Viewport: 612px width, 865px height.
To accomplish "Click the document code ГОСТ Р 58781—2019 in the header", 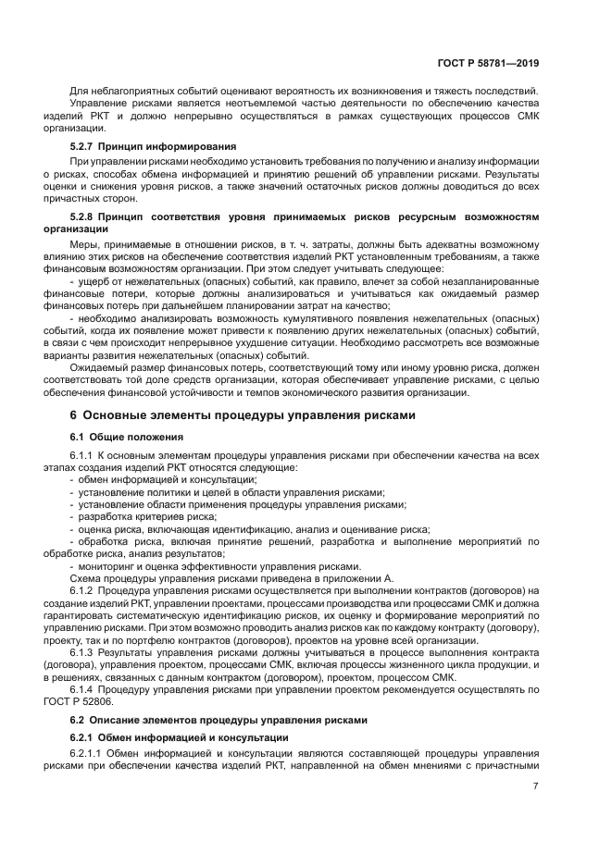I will (489, 63).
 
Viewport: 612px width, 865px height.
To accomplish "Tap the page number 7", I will (535, 786).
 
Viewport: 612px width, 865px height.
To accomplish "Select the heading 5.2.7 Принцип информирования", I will (153, 146).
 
